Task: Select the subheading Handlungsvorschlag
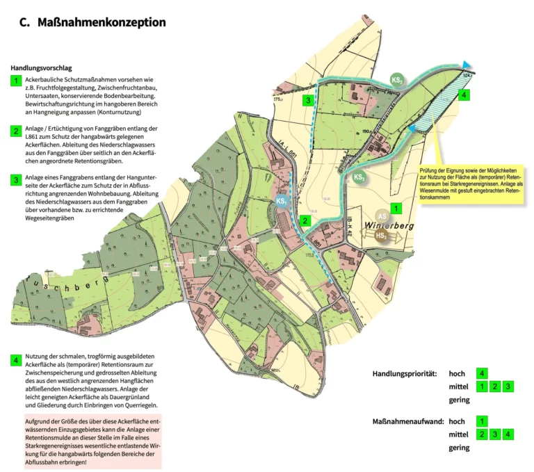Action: [42, 68]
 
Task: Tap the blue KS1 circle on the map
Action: [282, 202]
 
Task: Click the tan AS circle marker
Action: [382, 216]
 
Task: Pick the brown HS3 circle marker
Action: [382, 236]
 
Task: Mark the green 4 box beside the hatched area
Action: [464, 95]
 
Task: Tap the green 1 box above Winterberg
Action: [396, 207]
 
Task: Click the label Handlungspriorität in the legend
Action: [404, 373]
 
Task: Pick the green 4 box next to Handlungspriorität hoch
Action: [483, 373]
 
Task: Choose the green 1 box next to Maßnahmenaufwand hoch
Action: [483, 421]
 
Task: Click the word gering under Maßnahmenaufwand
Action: [459, 448]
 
